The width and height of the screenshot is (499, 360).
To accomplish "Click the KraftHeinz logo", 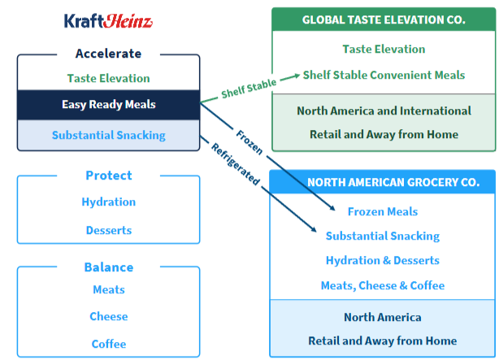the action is (x=108, y=21).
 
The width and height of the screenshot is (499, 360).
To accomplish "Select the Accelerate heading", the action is (x=108, y=54).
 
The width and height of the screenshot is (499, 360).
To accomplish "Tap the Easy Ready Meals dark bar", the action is (x=108, y=105).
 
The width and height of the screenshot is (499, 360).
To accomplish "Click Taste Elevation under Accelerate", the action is (x=108, y=79).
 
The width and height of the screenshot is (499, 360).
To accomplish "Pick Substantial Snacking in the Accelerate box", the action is (x=108, y=135).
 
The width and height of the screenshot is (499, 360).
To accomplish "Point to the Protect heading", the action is (x=108, y=176).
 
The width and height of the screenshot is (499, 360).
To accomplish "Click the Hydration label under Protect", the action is (x=108, y=202).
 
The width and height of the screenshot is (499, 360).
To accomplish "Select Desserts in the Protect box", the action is (x=108, y=230).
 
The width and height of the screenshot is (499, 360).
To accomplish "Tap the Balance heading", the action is (x=108, y=267).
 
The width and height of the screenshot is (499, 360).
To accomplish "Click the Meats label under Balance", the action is (x=108, y=290).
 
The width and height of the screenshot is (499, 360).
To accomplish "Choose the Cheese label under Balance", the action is (x=108, y=317).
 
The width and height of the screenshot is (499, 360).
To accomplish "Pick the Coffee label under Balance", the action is (x=108, y=344).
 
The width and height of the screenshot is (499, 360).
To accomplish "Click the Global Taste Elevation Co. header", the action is (x=384, y=20).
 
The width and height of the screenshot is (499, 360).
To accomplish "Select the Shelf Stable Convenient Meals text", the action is (x=384, y=76).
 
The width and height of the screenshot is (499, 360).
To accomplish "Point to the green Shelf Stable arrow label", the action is (x=249, y=89).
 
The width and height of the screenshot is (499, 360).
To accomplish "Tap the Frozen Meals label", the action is (x=382, y=212).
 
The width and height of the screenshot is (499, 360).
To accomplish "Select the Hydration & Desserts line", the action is (x=382, y=261).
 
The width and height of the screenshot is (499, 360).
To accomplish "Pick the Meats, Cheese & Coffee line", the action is (x=382, y=285).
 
